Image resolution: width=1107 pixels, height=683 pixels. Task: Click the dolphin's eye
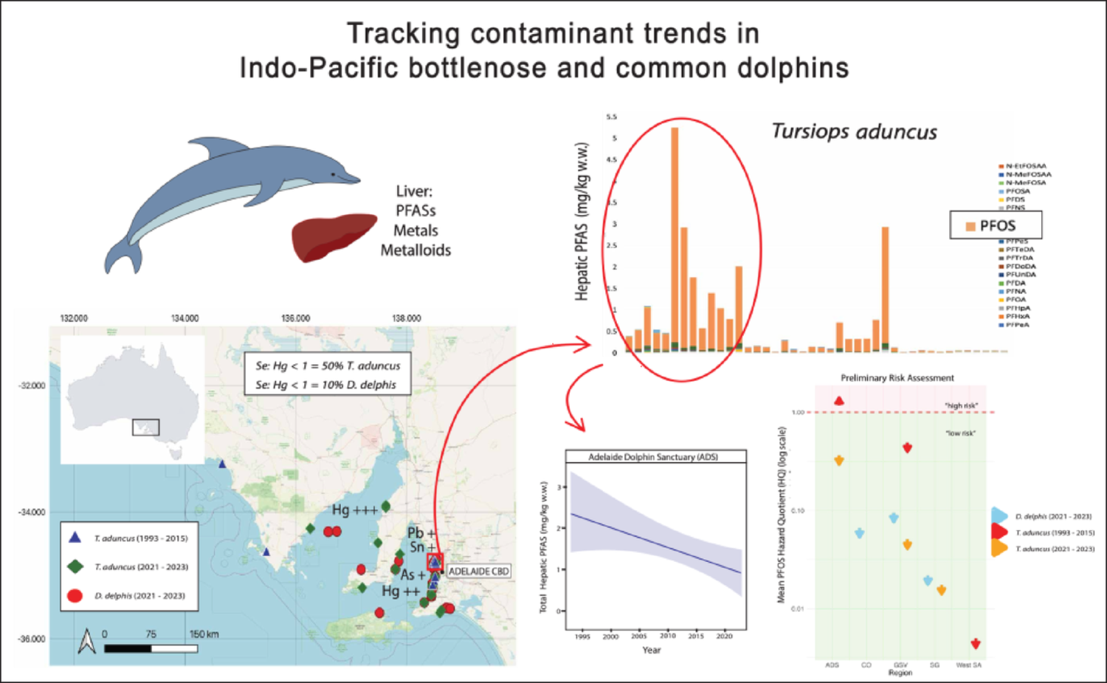point(334,174)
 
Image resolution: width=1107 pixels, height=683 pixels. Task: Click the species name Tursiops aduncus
point(854,131)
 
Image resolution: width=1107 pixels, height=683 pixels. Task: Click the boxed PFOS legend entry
point(996,225)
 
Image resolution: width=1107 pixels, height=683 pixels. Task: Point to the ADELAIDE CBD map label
point(478,571)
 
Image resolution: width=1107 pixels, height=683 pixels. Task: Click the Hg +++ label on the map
point(354,509)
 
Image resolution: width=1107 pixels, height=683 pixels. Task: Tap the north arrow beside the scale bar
point(87,641)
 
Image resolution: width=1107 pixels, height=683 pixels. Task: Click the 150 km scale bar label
point(204,634)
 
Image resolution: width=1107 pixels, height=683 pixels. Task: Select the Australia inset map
point(133,399)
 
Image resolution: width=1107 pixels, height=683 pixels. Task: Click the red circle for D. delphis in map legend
point(75,595)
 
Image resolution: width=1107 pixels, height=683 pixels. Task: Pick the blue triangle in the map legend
point(75,538)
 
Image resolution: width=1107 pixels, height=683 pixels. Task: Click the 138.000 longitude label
point(407,318)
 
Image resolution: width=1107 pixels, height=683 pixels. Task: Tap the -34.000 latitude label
point(32,512)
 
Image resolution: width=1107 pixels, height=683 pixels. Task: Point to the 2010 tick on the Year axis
point(667,636)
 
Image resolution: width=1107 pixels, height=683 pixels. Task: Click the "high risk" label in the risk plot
point(961,405)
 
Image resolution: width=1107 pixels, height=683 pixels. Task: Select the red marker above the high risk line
point(838,401)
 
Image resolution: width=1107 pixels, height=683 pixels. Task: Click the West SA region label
point(968,665)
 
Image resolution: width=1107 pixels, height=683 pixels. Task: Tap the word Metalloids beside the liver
point(415,250)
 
